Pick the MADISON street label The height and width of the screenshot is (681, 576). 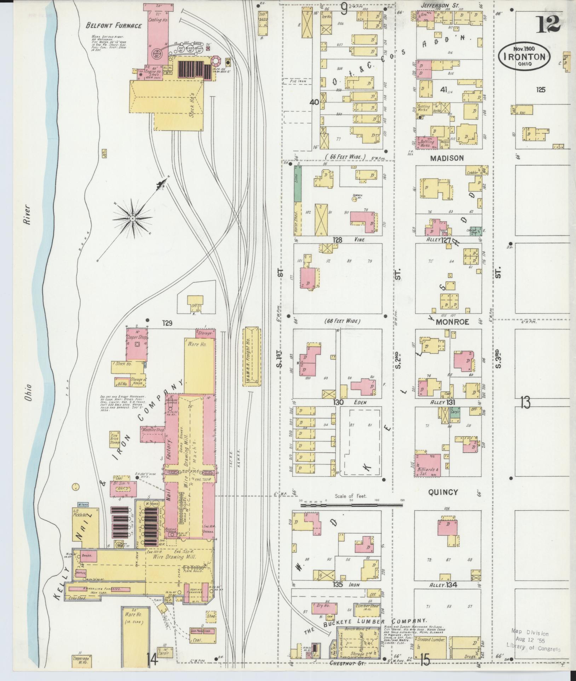447,158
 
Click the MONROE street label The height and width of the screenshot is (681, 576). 452,322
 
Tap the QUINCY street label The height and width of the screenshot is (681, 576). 443,492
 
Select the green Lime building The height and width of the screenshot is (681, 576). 298,184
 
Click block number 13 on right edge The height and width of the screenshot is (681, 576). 525,403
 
